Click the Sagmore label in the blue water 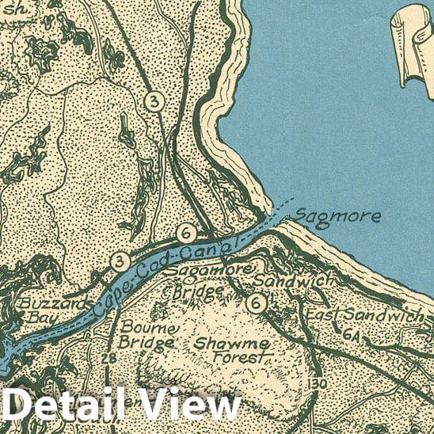(338, 216)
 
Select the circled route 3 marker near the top (154, 101)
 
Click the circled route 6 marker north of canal (186, 234)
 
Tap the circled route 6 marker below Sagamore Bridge (255, 303)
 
